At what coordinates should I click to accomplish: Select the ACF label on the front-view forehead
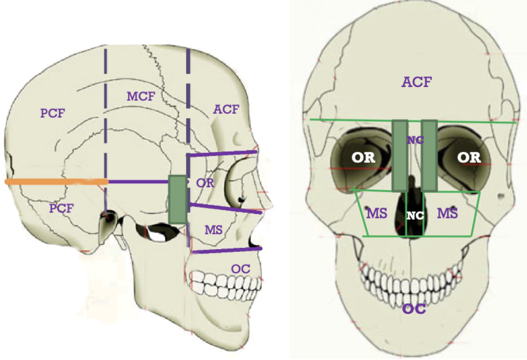click(x=417, y=82)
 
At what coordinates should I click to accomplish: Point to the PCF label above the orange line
click(x=53, y=113)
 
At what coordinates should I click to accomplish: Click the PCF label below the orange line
click(x=60, y=208)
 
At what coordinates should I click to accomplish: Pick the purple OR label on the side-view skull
click(x=204, y=183)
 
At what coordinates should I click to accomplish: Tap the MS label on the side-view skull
click(x=213, y=229)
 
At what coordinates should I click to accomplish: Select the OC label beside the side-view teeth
click(x=241, y=268)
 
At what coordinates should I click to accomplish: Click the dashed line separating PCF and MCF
click(x=105, y=111)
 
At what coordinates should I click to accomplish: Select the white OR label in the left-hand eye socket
click(x=363, y=158)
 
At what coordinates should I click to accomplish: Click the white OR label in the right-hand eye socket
click(x=469, y=158)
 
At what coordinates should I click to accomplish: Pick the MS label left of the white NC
click(x=377, y=212)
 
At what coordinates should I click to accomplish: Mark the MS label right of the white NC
click(x=447, y=212)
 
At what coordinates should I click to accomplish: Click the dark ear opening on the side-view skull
click(x=107, y=216)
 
